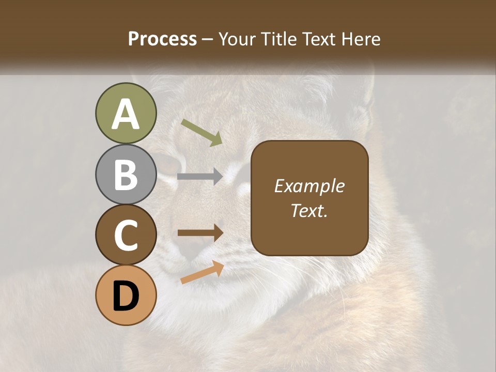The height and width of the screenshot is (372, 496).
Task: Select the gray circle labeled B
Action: [126, 175]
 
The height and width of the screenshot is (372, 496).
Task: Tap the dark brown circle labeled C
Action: [126, 235]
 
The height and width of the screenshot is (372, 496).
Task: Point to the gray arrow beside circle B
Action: [200, 177]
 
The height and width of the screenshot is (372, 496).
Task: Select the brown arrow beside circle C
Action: [200, 233]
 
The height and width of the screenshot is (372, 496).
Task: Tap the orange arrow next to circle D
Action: [202, 272]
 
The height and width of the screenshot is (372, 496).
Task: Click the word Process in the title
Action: [162, 39]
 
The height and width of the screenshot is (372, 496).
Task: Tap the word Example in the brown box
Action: [309, 186]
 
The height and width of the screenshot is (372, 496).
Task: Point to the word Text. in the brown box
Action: [309, 210]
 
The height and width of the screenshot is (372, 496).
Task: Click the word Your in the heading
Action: [237, 39]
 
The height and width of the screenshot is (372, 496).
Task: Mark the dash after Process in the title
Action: [208, 39]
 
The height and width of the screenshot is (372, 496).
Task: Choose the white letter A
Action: [126, 114]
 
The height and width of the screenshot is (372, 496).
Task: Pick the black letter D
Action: [126, 296]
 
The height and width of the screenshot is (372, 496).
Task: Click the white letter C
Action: [126, 235]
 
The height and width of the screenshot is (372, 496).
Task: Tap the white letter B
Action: [126, 175]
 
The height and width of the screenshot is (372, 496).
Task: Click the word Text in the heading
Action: [320, 39]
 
